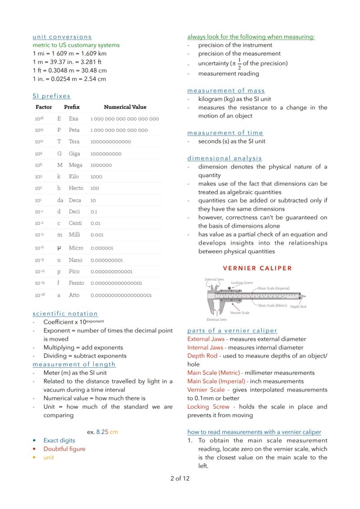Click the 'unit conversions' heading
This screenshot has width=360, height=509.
click(x=62, y=37)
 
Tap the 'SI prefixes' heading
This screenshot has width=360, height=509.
click(x=51, y=96)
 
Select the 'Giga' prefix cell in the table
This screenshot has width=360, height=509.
click(x=75, y=153)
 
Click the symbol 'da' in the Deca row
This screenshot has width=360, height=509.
click(x=60, y=200)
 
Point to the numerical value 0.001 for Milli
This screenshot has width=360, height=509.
click(x=97, y=235)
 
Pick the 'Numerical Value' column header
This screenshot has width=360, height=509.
click(x=125, y=107)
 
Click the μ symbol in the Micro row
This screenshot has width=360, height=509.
click(x=59, y=248)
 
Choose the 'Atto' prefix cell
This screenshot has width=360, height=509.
click(x=74, y=295)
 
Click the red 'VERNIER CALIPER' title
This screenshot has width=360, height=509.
click(x=257, y=268)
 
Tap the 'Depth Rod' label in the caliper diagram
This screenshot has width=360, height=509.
click(x=298, y=306)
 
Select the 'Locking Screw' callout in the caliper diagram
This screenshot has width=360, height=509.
click(x=241, y=283)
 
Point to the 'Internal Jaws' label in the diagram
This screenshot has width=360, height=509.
click(x=214, y=279)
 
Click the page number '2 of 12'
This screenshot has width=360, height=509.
click(x=180, y=479)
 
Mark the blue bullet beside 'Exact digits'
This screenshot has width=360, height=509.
click(x=34, y=440)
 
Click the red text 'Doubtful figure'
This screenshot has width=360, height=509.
click(x=64, y=449)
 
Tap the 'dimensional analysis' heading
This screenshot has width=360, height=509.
click(x=224, y=158)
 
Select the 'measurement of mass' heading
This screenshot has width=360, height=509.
click(x=226, y=90)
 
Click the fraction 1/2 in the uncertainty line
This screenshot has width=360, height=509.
click(x=239, y=64)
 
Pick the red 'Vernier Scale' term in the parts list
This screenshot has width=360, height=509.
click(x=206, y=390)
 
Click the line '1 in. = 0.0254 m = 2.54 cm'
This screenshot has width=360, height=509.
click(x=69, y=79)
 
